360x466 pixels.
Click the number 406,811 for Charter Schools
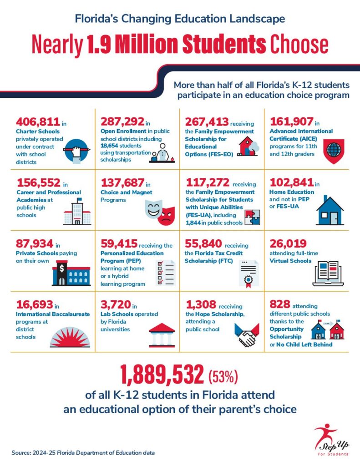(38, 122)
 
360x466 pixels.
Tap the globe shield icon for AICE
(333, 151)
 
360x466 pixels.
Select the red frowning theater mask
(167, 215)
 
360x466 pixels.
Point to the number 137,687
(122, 183)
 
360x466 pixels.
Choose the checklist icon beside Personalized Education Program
(165, 273)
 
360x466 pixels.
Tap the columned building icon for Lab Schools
(162, 335)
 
